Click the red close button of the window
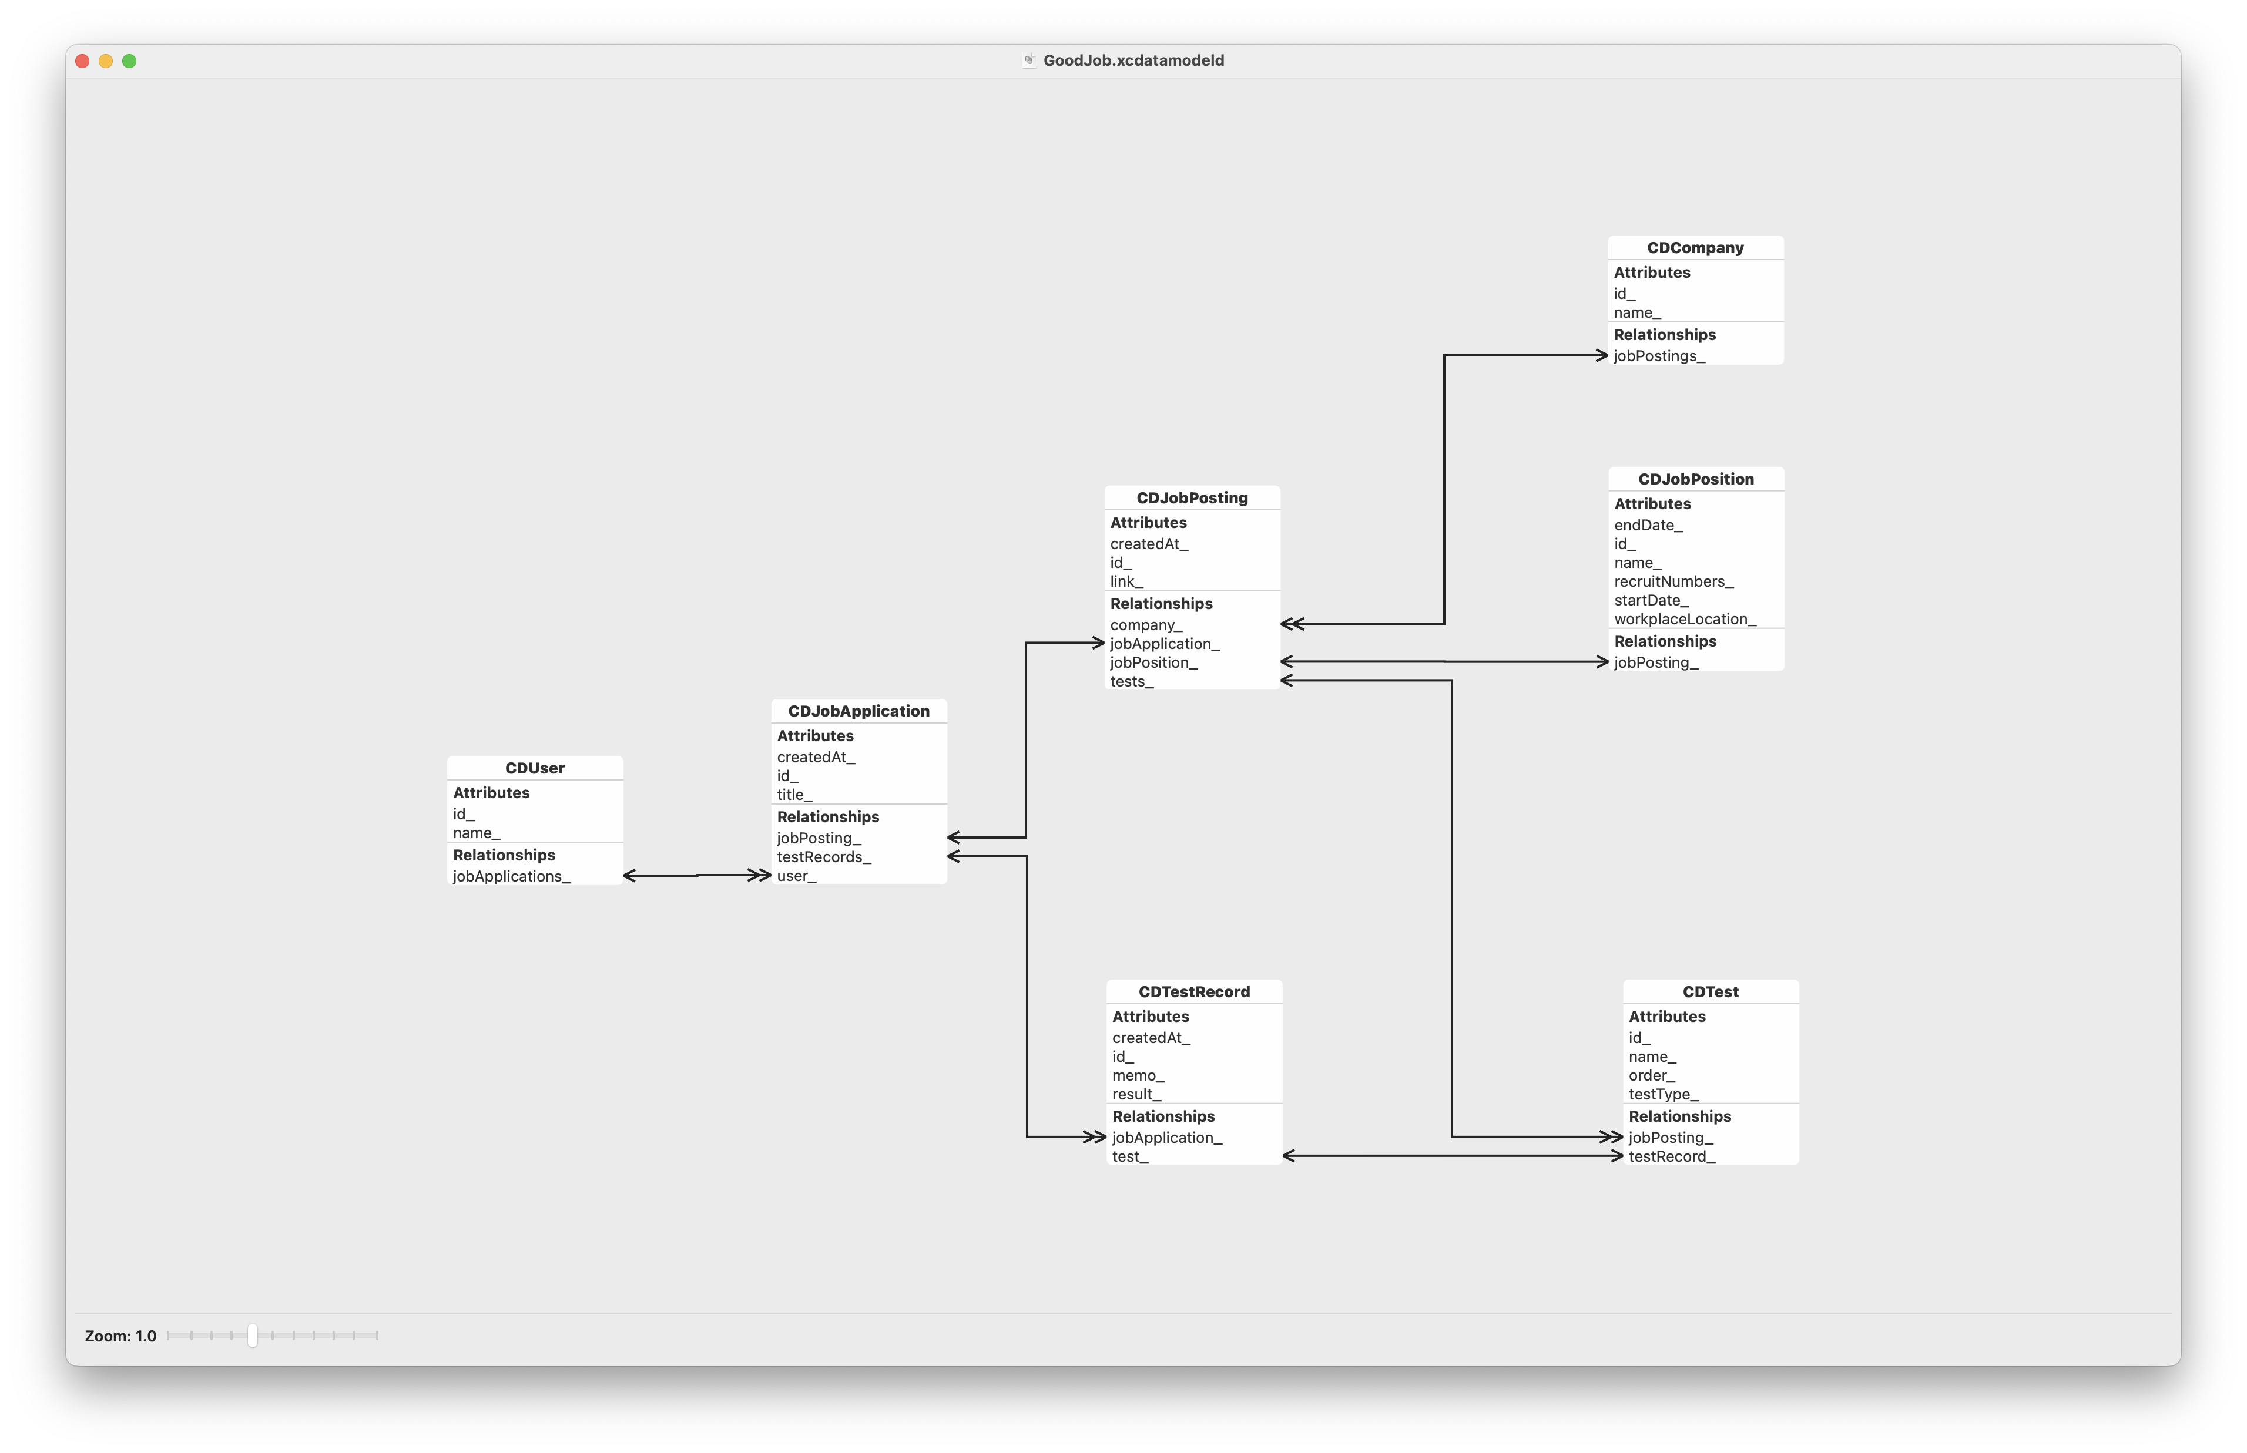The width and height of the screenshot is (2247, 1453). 82,61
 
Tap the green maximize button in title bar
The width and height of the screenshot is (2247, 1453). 129,61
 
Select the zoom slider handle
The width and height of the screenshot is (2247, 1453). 252,1335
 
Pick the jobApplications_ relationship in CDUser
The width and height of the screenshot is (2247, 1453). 511,876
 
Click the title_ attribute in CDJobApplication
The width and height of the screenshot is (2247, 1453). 794,795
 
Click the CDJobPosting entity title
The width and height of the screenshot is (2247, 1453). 1192,498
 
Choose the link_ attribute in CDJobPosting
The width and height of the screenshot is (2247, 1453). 1126,581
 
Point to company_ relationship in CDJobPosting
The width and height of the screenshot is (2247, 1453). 1146,624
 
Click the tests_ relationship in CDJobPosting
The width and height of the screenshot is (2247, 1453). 1132,681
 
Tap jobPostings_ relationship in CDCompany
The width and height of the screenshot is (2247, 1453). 1659,356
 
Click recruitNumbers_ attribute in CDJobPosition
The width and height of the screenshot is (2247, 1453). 1673,581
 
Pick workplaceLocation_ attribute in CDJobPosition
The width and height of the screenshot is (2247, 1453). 1685,619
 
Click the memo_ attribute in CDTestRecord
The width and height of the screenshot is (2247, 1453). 1138,1075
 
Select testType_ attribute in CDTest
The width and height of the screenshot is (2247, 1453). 1663,1095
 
